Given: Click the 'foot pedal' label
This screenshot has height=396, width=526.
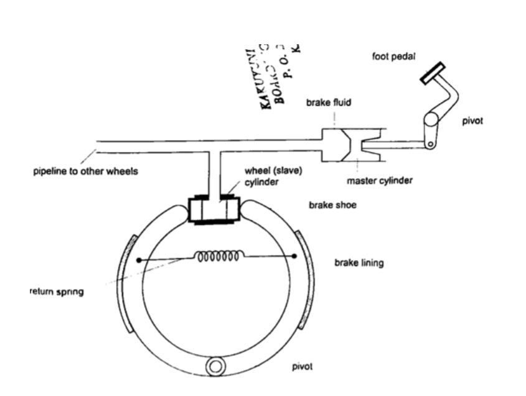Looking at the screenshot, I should click(390, 57).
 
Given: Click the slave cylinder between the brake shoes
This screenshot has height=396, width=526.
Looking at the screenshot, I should click(214, 211).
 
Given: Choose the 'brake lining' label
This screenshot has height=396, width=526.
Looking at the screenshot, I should click(359, 263).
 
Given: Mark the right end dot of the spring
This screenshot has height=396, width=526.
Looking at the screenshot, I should click(294, 256).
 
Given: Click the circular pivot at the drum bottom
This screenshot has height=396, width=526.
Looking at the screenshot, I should click(215, 366).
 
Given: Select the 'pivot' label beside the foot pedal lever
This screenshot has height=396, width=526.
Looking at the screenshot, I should click(472, 121).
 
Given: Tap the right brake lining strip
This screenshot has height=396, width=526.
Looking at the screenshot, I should click(305, 280).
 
